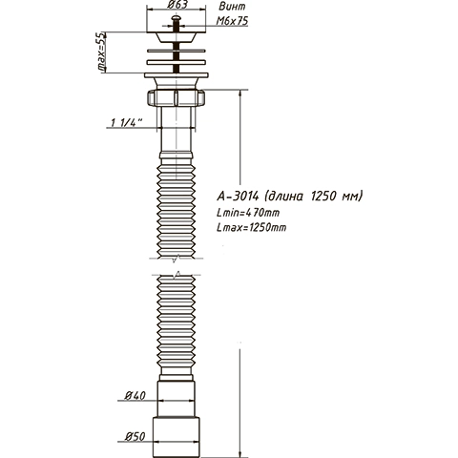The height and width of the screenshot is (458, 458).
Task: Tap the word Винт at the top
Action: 233,6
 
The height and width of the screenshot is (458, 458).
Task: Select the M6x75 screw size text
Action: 232,21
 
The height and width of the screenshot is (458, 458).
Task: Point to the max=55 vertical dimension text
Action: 101,52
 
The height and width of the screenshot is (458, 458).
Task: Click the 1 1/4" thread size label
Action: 126,122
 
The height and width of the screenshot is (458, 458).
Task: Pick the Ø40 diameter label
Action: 135,396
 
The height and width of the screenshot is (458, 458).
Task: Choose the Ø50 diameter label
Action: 135,436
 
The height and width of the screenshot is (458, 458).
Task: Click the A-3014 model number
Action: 238,196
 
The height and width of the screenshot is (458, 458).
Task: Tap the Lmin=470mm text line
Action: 248,213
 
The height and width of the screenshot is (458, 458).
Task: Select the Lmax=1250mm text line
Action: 251,227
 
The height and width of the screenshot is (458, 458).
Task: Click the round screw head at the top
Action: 176,18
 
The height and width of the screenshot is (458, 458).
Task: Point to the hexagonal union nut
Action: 176,97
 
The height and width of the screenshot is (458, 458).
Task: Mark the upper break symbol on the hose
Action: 176,259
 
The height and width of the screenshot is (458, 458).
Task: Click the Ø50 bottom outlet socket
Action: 176,437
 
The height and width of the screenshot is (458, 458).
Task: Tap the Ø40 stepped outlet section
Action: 176,399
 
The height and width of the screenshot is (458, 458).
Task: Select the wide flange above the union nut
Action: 177,75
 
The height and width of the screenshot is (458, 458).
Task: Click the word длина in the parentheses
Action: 285,197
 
